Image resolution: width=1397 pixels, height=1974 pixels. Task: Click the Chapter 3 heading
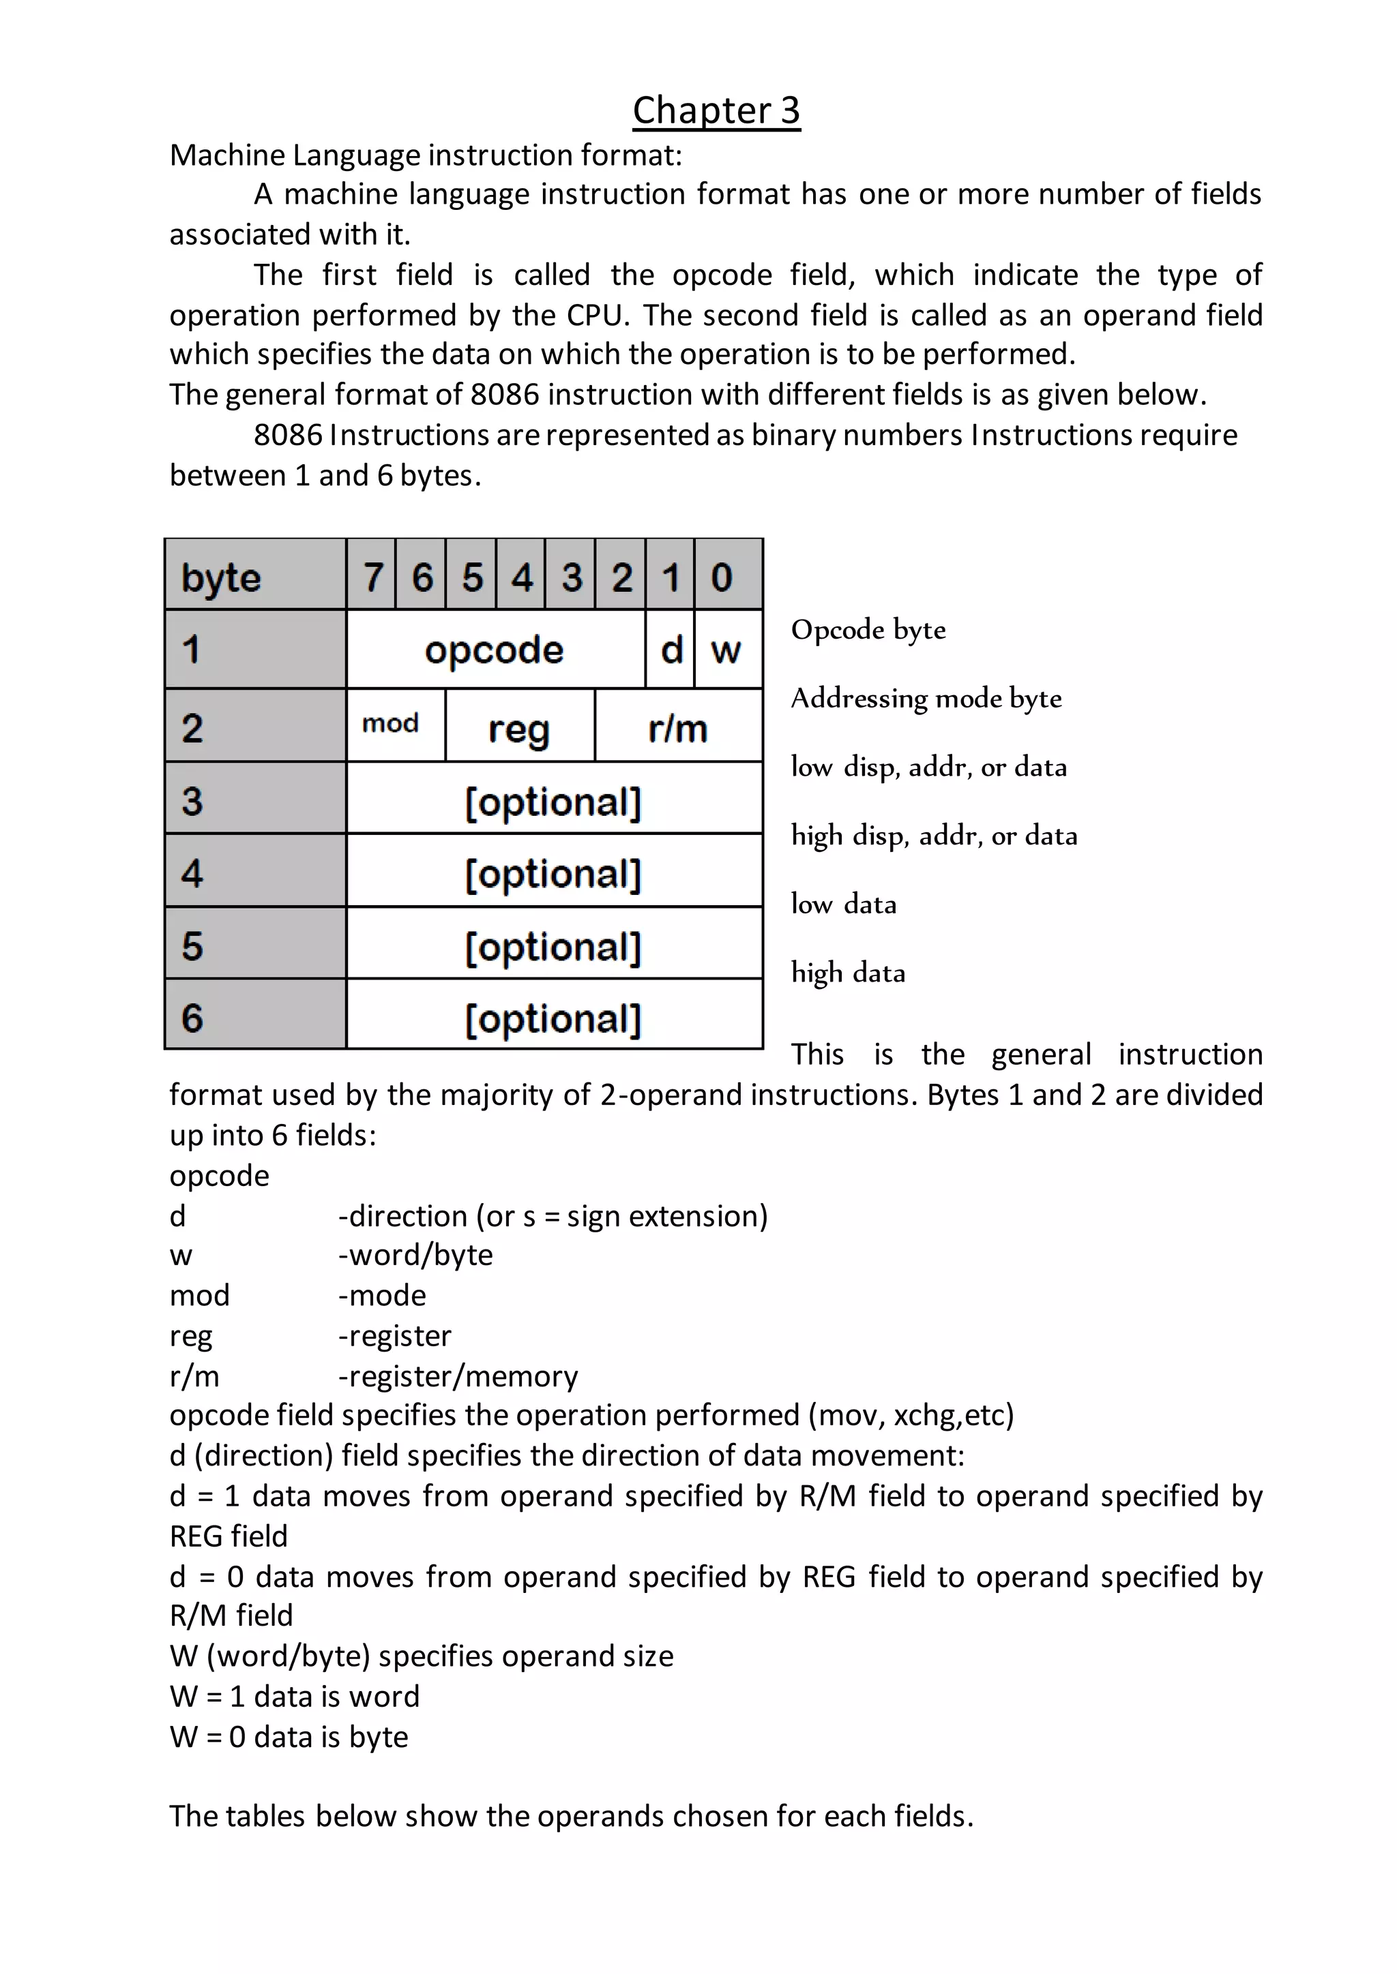coord(716,111)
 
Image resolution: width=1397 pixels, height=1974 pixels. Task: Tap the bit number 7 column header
coord(372,576)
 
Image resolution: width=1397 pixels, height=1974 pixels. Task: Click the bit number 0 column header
coord(722,576)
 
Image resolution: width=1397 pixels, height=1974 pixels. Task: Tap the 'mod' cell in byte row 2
coord(391,724)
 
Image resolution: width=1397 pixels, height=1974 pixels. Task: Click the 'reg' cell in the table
coord(518,728)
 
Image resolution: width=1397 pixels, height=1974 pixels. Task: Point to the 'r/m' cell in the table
coord(678,728)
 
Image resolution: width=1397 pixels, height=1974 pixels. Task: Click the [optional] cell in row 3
coord(553,802)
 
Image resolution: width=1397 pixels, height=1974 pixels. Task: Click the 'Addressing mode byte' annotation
coord(926,698)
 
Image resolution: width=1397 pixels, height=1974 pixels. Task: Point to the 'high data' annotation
coord(847,973)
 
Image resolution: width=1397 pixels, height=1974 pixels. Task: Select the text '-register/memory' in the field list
coord(458,1376)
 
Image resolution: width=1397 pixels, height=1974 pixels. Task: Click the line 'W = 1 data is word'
coord(294,1695)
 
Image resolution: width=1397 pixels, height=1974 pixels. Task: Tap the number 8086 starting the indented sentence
coord(287,435)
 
